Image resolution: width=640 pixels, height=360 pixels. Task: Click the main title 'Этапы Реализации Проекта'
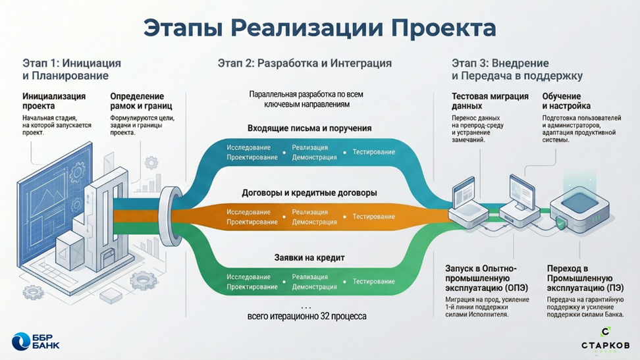(319, 28)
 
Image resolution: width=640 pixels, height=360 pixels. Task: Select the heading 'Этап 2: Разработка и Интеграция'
(304, 64)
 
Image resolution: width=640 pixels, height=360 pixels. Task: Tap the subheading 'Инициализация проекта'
(54, 101)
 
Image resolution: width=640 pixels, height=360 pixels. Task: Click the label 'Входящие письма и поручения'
(309, 128)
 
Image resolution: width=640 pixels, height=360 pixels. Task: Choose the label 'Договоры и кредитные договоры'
(309, 193)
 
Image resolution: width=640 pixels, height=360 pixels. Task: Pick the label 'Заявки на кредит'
(309, 258)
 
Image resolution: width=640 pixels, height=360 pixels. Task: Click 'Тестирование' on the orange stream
(373, 217)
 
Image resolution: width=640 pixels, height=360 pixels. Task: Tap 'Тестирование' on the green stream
(373, 282)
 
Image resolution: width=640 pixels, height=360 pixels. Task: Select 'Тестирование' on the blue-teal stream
(373, 152)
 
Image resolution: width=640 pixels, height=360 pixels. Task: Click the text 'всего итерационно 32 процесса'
(307, 317)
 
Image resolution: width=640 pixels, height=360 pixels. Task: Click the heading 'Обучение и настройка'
(566, 101)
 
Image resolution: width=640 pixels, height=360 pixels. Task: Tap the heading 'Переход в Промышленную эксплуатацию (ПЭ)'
(585, 278)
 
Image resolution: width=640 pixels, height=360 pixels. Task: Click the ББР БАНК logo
(36, 341)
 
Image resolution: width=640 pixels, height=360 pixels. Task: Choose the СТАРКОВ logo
(605, 340)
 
